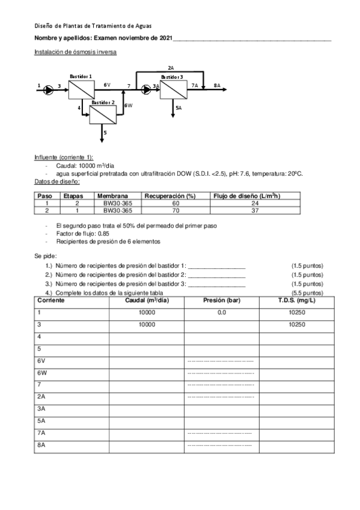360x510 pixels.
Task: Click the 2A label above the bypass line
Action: point(171,69)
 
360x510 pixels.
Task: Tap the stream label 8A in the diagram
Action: point(217,86)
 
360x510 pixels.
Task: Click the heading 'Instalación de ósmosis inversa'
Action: point(75,52)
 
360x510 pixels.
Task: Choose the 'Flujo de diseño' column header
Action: point(246,195)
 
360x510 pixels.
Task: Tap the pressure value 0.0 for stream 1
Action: point(221,313)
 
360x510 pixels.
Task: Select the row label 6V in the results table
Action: point(41,361)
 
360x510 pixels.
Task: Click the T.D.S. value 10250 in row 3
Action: point(297,325)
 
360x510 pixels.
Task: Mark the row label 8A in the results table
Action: point(41,445)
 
